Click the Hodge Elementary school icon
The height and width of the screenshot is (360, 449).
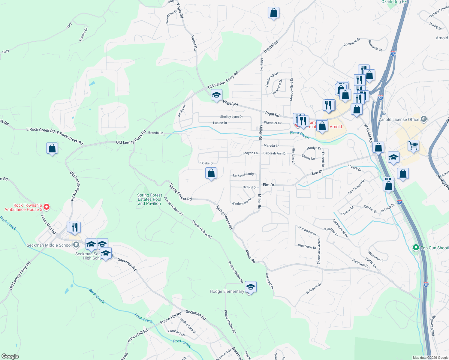[251, 287]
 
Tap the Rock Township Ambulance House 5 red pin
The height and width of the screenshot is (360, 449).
[47, 207]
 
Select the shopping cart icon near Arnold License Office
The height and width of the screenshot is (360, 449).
[413, 146]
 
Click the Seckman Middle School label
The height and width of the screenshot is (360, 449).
[49, 245]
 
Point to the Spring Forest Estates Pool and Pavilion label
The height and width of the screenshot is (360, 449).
[149, 199]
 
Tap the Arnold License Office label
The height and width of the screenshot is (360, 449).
[399, 119]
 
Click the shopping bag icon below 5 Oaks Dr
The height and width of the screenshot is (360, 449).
[211, 173]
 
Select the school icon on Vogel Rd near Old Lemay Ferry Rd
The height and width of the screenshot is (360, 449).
[216, 95]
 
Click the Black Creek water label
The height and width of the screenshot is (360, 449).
[299, 135]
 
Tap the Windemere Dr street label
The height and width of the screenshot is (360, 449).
[241, 202]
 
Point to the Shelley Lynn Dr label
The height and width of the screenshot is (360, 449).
[231, 117]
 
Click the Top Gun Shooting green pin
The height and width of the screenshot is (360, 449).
[416, 247]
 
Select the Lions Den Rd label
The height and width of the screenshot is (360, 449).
[49, 224]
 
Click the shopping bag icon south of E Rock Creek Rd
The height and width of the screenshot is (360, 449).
[52, 148]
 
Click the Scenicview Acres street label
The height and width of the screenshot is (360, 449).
[319, 251]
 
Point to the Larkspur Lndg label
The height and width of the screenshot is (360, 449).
[243, 175]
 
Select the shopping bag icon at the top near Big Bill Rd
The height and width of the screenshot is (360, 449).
[273, 13]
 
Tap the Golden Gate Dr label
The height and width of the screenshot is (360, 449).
[188, 325]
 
